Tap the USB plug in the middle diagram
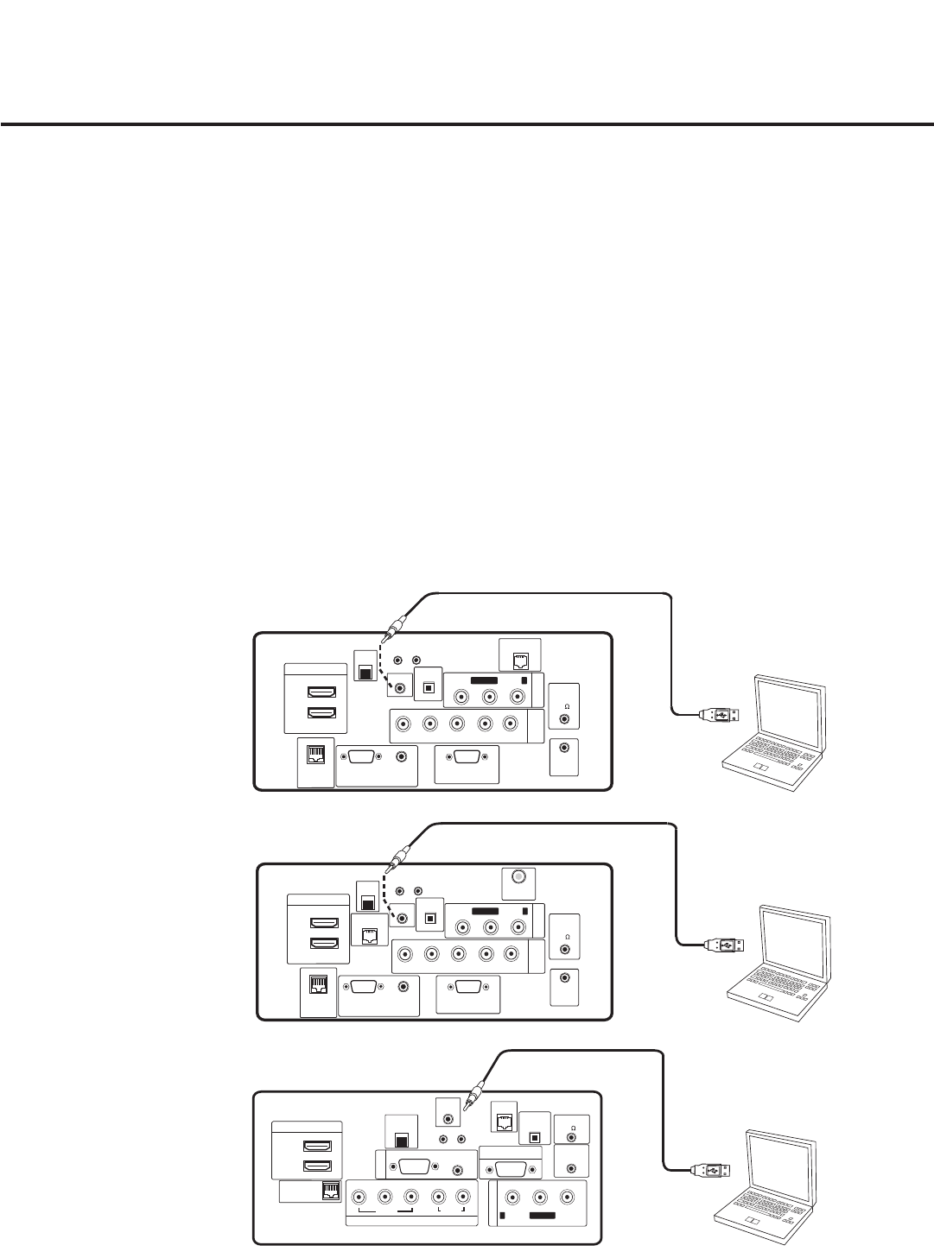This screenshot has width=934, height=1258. [725, 945]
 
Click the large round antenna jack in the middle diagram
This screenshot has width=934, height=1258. [518, 876]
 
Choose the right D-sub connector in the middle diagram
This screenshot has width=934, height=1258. [467, 988]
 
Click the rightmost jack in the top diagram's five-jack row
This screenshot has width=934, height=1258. [510, 724]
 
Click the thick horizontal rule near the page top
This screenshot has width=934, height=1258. [467, 124]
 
